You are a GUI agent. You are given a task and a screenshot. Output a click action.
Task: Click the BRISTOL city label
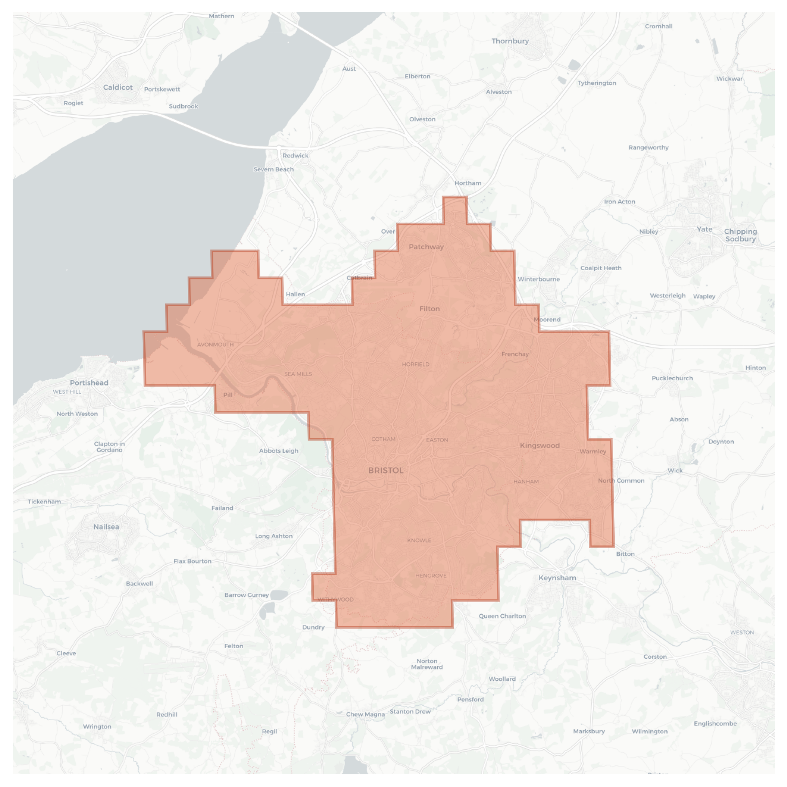pyautogui.click(x=385, y=470)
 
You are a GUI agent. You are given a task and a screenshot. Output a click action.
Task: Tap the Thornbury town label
pyautogui.click(x=510, y=41)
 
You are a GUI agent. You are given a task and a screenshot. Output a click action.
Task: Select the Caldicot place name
pyautogui.click(x=118, y=87)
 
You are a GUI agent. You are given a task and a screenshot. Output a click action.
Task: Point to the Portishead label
pyautogui.click(x=89, y=383)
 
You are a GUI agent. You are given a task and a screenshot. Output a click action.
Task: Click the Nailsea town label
pyautogui.click(x=106, y=527)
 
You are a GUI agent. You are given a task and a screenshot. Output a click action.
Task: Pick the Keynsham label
pyautogui.click(x=557, y=578)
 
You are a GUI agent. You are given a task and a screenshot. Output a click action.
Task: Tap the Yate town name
pyautogui.click(x=704, y=229)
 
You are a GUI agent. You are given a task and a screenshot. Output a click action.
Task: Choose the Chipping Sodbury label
pyautogui.click(x=740, y=235)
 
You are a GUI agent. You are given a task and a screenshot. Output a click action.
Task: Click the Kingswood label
pyautogui.click(x=539, y=445)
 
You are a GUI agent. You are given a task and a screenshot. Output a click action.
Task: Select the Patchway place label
pyautogui.click(x=426, y=247)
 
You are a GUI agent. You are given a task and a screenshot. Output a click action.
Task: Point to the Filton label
pyautogui.click(x=429, y=309)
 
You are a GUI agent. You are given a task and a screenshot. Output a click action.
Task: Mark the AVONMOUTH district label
pyautogui.click(x=215, y=345)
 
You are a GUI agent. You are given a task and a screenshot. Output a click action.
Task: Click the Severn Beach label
pyautogui.click(x=273, y=169)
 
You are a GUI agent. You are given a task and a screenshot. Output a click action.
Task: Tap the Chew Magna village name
pyautogui.click(x=365, y=714)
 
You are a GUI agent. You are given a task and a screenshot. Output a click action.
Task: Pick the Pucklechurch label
pyautogui.click(x=672, y=378)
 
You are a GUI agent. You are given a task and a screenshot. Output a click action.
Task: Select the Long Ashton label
pyautogui.click(x=273, y=536)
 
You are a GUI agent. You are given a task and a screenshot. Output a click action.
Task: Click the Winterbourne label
pyautogui.click(x=538, y=279)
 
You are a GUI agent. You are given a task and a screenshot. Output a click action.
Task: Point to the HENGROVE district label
pyautogui.click(x=431, y=576)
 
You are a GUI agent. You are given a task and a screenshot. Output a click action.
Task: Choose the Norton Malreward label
pyautogui.click(x=427, y=664)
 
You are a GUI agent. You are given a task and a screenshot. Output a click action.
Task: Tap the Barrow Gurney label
pyautogui.click(x=246, y=595)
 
